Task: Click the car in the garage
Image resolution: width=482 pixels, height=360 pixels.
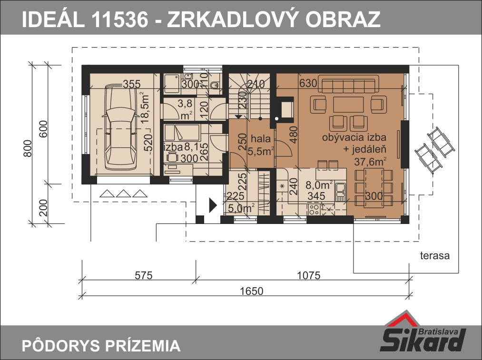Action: click(x=120, y=126)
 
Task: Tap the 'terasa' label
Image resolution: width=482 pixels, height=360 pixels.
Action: click(x=435, y=255)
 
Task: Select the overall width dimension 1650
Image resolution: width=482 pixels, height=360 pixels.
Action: click(x=252, y=291)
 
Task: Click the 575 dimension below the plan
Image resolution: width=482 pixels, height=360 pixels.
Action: click(x=144, y=275)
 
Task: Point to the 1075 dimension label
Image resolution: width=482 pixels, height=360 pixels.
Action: click(x=309, y=275)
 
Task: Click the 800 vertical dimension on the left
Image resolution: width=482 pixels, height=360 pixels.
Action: click(x=28, y=148)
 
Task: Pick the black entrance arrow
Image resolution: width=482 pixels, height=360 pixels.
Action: click(x=213, y=205)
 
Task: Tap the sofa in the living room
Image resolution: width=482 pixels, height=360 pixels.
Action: click(x=348, y=86)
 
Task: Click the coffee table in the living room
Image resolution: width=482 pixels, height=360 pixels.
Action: click(x=348, y=105)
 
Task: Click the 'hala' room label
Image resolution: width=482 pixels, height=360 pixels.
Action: click(x=261, y=138)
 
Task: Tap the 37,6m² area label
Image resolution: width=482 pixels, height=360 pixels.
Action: click(x=370, y=161)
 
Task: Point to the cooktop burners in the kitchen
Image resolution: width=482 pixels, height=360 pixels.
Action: click(x=314, y=210)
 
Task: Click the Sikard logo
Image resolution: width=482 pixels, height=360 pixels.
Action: click(x=423, y=332)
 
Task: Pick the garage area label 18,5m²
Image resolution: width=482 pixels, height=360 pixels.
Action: click(x=145, y=107)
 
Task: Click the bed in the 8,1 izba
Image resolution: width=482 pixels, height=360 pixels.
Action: click(x=182, y=133)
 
